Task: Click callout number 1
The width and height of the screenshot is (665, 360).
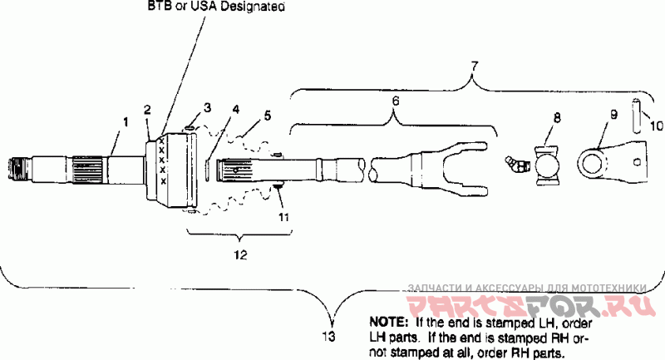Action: pos(125,121)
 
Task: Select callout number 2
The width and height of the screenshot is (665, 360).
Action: pos(147,110)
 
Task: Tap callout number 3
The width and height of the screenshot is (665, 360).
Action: pos(208,107)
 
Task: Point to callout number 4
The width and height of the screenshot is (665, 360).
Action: pos(236,109)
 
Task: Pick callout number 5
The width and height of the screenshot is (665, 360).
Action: pos(267,116)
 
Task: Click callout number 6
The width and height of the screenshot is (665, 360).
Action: pos(395,100)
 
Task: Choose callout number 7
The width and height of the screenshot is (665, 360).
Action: pos(474,64)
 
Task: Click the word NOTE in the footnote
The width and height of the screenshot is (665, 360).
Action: pos(387,321)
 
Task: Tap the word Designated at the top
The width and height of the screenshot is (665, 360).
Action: pos(249,7)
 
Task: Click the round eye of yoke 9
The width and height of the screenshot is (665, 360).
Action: pos(593,162)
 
